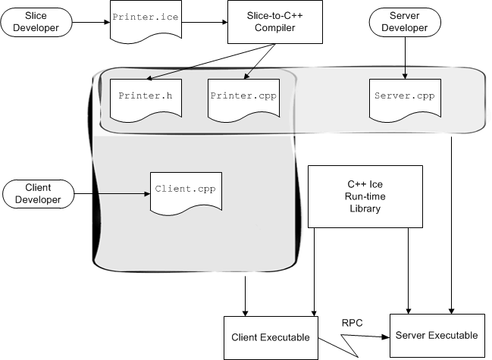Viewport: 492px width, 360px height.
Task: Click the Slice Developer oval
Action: [36, 21]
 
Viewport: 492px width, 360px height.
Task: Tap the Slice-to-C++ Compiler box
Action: [261, 21]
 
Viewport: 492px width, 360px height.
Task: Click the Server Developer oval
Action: [403, 21]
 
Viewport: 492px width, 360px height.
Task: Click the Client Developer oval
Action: [39, 193]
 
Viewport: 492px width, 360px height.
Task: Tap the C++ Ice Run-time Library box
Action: [365, 196]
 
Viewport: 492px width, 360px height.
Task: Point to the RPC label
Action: [353, 323]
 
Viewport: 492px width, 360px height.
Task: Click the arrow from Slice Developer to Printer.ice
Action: [89, 22]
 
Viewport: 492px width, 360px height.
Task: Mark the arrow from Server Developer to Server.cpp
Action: [403, 59]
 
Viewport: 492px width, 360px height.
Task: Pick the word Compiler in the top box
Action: [261, 28]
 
